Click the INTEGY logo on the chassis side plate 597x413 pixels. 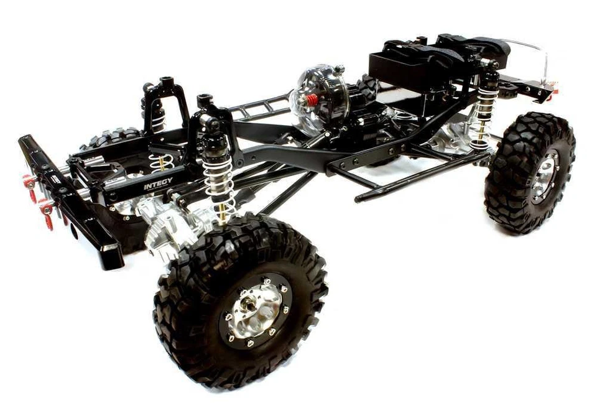[159, 185]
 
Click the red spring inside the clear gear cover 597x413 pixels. [312, 99]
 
